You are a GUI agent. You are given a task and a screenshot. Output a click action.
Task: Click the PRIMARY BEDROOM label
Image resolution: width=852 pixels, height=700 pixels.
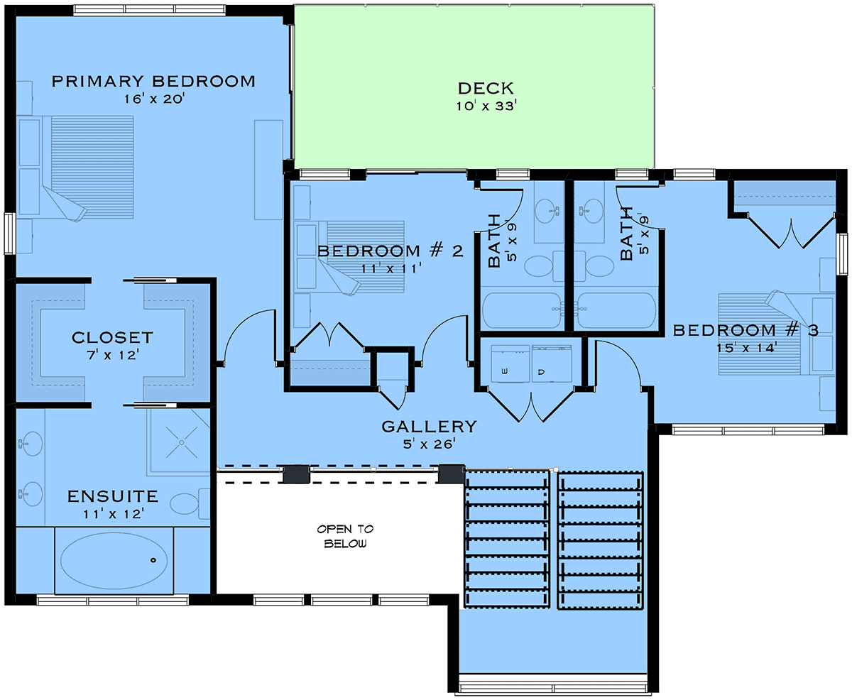click(x=153, y=81)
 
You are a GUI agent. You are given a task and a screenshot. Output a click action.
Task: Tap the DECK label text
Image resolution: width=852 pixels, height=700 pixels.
click(x=486, y=88)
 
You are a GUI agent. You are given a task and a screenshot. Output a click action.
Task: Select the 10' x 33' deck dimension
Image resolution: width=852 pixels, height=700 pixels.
click(x=486, y=106)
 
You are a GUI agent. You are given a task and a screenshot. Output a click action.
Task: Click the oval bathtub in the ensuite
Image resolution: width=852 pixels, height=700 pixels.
click(x=114, y=560)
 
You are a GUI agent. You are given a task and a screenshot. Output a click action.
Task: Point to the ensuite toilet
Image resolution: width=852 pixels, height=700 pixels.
click(x=190, y=503)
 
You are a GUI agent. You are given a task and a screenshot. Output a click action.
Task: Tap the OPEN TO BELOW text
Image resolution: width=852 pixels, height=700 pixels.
click(x=345, y=536)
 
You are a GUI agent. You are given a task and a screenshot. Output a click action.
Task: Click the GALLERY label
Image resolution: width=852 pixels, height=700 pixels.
click(x=429, y=427)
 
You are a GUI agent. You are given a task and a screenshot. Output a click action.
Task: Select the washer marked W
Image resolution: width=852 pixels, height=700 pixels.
click(x=510, y=363)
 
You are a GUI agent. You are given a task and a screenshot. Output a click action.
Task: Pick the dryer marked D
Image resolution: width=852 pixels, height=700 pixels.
click(x=552, y=363)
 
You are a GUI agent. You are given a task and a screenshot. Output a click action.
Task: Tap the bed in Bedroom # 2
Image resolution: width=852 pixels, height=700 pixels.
click(x=361, y=257)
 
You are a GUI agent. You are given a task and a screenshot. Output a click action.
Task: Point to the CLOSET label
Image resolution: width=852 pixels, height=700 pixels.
click(x=112, y=337)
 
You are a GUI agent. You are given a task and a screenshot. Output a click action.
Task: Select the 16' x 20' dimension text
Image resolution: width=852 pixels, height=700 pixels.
click(x=153, y=99)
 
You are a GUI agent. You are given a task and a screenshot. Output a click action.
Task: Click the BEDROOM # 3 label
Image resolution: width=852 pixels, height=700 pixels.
click(x=745, y=330)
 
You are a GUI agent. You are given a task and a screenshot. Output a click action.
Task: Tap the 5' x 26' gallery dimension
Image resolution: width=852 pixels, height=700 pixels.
click(x=429, y=444)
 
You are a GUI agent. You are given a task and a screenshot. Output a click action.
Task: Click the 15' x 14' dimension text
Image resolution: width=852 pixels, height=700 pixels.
click(x=745, y=348)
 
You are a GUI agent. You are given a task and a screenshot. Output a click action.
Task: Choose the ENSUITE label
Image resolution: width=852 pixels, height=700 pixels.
click(x=113, y=496)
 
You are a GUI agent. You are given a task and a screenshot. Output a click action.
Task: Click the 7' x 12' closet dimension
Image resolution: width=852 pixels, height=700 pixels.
click(x=113, y=355)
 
